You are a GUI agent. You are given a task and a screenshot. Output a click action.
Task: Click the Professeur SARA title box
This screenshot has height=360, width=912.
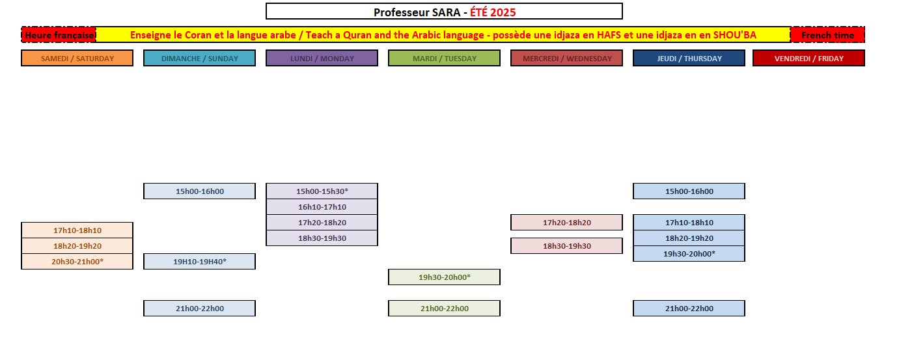[444, 12]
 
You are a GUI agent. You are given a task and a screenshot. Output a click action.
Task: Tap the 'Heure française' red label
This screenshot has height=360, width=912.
[59, 35]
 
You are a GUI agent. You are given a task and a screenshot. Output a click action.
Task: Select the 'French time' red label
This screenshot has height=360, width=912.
[827, 35]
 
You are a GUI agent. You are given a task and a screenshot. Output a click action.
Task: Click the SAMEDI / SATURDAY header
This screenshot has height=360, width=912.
[77, 58]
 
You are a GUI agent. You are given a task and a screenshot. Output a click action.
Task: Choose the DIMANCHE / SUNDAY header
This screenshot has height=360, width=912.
[199, 58]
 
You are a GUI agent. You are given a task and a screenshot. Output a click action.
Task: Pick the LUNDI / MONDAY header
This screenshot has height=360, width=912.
[322, 58]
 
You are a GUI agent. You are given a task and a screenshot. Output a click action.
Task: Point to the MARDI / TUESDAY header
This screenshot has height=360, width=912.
[444, 58]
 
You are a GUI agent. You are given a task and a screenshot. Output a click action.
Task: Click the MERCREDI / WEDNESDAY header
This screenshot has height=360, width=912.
[567, 58]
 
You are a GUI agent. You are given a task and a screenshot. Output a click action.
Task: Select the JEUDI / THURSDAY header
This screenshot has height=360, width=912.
[689, 58]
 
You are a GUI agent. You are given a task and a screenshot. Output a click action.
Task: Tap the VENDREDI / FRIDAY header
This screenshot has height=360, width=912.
[808, 58]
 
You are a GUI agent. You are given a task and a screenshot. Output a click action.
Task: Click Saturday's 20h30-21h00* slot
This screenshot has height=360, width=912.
[77, 262]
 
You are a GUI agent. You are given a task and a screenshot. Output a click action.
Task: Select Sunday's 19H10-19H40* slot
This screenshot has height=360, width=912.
[199, 262]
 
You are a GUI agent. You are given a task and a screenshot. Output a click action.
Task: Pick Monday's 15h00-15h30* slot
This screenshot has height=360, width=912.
[322, 191]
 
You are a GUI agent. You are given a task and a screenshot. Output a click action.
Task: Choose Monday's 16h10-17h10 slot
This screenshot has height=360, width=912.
[322, 207]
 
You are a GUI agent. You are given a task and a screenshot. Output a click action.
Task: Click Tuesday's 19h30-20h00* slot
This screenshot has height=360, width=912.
[444, 277]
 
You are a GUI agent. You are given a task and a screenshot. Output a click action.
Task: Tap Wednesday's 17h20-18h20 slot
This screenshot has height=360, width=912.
[567, 223]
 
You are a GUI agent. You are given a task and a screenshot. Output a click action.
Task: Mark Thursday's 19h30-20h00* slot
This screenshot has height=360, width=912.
[689, 254]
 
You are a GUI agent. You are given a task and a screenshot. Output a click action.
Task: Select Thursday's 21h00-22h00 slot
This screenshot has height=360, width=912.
[689, 309]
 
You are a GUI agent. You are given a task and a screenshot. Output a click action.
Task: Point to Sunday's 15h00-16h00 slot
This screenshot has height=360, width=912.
[199, 191]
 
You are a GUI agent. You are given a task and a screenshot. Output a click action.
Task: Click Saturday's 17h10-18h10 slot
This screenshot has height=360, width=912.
[77, 230]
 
